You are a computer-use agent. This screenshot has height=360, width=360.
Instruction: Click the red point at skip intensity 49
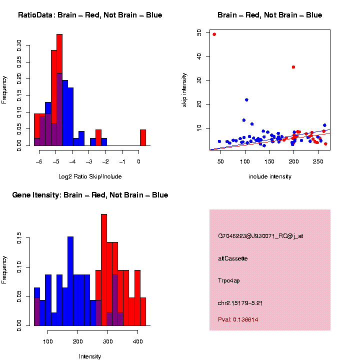pyautogui.click(x=214, y=34)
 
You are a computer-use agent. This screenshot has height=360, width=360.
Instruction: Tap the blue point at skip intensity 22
pyautogui.click(x=246, y=100)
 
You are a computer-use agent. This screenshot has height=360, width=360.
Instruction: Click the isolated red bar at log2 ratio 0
pyautogui.click(x=143, y=137)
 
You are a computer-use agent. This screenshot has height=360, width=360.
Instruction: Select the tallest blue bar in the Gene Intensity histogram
pyautogui.click(x=70, y=280)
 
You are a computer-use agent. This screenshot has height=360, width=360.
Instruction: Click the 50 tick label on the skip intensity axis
pyautogui.click(x=199, y=32)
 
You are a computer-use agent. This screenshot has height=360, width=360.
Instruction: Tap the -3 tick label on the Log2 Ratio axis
pyautogui.click(x=89, y=161)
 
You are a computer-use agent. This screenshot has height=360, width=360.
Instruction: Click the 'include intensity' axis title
pyautogui.click(x=270, y=176)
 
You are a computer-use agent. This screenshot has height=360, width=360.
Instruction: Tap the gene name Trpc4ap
pyautogui.click(x=229, y=280)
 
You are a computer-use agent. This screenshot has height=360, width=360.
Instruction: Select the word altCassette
pyautogui.click(x=233, y=258)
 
